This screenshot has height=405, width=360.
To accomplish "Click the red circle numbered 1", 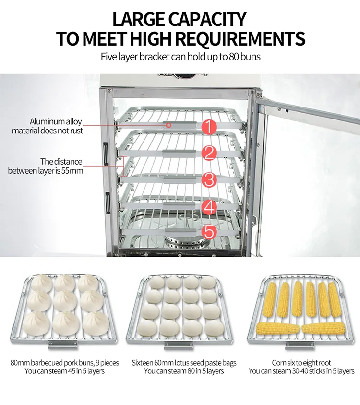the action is point(209,127).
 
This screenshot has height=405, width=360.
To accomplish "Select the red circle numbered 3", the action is point(209,180).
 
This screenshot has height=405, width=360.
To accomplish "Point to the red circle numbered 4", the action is point(209,207).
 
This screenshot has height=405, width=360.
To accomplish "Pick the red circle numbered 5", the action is point(209,231).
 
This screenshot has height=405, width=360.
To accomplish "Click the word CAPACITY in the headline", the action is point(207,19).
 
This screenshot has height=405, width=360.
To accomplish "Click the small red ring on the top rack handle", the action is point(168,125).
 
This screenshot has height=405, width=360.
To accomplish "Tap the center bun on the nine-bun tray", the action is point(65,301).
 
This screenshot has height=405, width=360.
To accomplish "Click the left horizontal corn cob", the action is point(278,329).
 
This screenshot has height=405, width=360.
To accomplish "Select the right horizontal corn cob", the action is point(324,328).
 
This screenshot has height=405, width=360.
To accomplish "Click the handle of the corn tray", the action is point(300,345).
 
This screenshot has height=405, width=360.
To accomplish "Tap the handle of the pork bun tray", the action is point(63,345).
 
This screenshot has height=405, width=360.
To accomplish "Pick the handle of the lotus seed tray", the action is point(179,345).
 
